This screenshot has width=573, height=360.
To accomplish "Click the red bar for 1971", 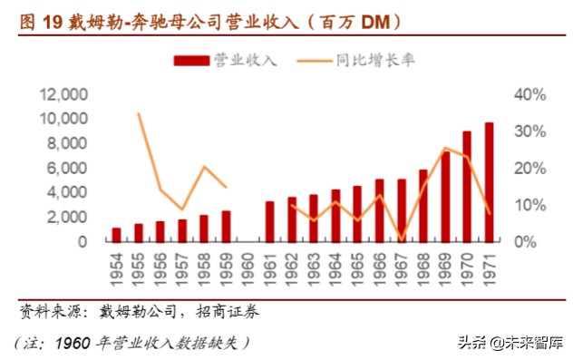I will (x=489, y=182).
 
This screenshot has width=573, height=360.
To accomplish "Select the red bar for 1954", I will (x=116, y=235).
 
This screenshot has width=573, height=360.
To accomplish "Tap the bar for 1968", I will (x=423, y=206).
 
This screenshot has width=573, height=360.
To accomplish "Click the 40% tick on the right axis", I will (x=529, y=94).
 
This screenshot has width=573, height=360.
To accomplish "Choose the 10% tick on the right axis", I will (x=529, y=205).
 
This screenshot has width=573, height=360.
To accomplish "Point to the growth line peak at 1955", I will (x=138, y=113).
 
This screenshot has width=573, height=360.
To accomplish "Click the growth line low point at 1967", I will (x=401, y=240).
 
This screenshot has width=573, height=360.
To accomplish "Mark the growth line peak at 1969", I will (x=445, y=148).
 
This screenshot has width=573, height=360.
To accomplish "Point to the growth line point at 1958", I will (x=204, y=167).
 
